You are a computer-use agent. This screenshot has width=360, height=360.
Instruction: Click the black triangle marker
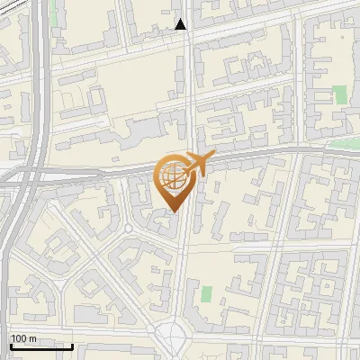pyautogui.click(x=181, y=24)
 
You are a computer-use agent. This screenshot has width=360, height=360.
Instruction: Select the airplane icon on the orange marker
pyautogui.click(x=194, y=165)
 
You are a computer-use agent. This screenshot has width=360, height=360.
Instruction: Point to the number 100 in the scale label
pyautogui.click(x=19, y=338)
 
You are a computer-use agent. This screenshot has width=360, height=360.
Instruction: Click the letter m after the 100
pyautogui.click(x=32, y=338)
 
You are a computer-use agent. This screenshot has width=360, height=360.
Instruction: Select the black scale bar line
pyautogui.click(x=40, y=346)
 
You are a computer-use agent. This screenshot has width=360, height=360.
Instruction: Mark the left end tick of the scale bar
pyautogui.click(x=9, y=345)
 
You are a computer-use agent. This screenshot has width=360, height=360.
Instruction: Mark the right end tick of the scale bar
pyautogui.click(x=72, y=345)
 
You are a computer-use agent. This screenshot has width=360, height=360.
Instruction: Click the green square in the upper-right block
pyautogui.click(x=339, y=94)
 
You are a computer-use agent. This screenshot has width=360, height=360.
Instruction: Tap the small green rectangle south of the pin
pyautogui.click(x=206, y=293)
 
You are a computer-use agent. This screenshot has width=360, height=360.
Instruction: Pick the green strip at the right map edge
pyautogui.click(x=346, y=143)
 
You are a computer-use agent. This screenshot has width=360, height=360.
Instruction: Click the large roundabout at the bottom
pyautogui.click(x=172, y=341)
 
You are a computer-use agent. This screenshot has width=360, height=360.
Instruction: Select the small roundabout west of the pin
pyautogui.click(x=129, y=229)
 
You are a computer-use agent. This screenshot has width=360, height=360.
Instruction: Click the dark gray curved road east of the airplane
pyautogui.click(x=270, y=154)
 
